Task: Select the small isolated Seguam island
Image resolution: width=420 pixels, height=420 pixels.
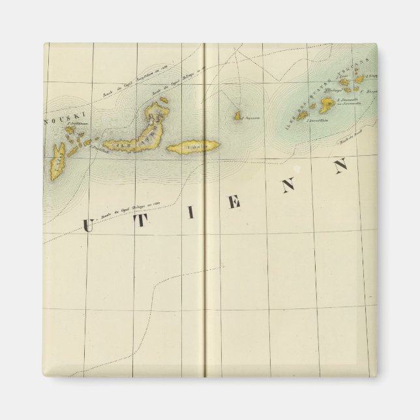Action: point(238,116)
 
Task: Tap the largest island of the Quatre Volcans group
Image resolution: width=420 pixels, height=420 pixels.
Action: point(327,104)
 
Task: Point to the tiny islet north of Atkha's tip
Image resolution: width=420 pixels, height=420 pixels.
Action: point(164,100)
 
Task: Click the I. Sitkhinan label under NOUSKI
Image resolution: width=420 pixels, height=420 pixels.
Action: point(77,123)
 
